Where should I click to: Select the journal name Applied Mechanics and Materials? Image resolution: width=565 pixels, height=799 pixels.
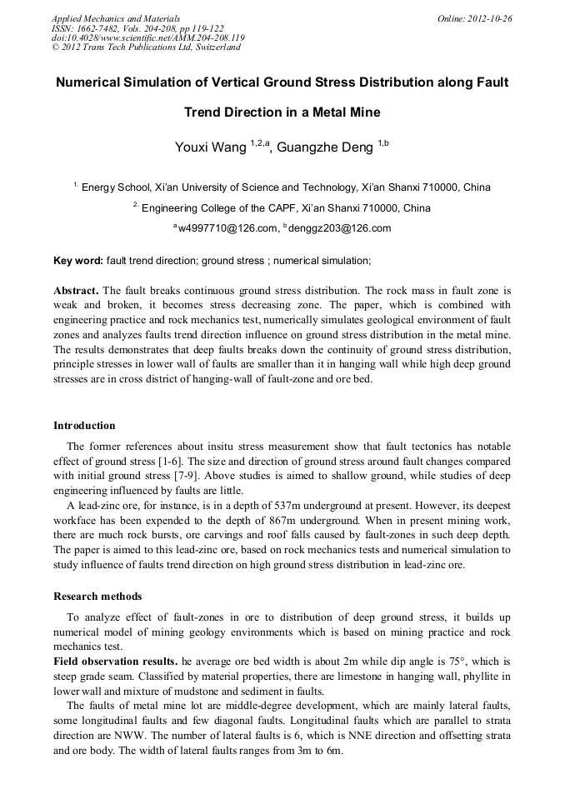[116, 17]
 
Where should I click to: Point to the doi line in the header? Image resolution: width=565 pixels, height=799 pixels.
[147, 37]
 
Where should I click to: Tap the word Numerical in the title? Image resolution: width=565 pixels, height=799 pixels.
[93, 83]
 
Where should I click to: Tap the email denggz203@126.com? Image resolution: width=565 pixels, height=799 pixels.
[339, 228]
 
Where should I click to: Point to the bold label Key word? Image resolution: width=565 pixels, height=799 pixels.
[78, 261]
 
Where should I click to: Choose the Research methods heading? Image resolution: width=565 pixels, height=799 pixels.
[97, 597]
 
